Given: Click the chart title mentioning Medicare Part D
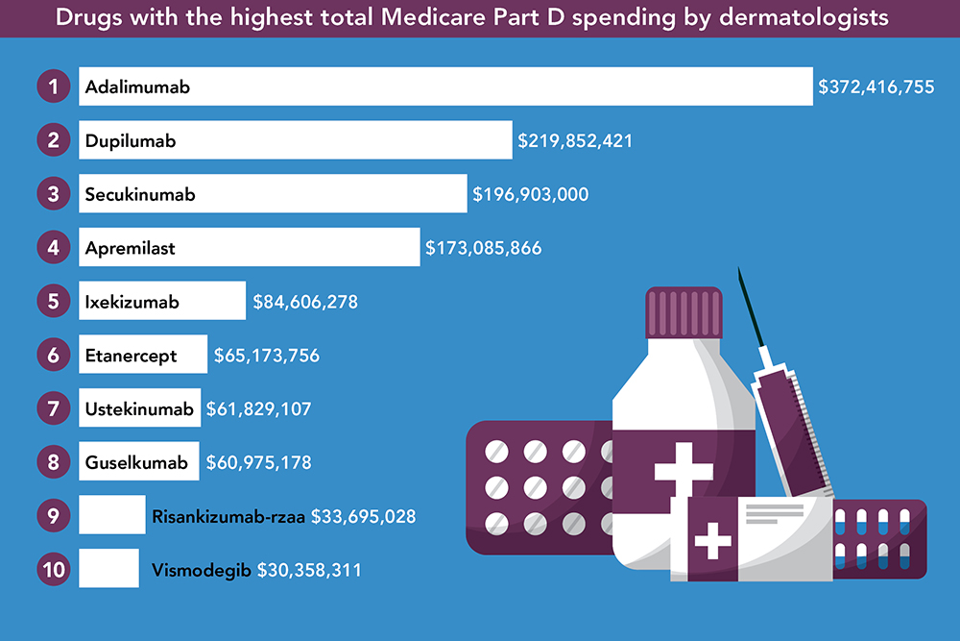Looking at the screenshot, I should coord(480,18).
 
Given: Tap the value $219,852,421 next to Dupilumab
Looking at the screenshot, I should coord(575,140).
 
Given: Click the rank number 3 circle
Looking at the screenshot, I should coord(55,194).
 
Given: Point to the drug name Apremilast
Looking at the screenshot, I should coord(131,248).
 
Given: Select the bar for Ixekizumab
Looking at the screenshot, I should coord(161,302).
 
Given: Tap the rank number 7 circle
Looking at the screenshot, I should coord(55,408).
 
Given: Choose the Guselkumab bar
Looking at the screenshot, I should coord(139,462).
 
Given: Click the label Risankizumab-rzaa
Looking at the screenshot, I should coord(228,516).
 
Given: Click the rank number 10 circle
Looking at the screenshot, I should coord(55,570).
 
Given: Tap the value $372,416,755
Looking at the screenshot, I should coord(876,86).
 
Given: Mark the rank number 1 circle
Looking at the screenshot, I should coord(55,86).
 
